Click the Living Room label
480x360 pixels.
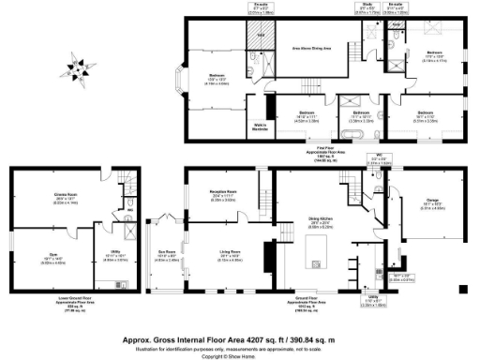[x=218, y=251]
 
